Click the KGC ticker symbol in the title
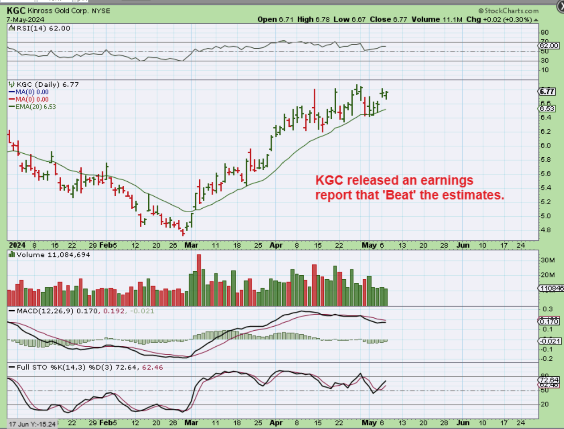click(16, 10)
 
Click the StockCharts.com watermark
click(508, 11)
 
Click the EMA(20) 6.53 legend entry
click(35, 107)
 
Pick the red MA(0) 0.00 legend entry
click(32, 99)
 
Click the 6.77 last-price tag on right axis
click(547, 92)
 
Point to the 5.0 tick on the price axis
click(545, 216)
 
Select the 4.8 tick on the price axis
click(545, 230)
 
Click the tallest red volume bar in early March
click(199, 280)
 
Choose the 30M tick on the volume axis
click(547, 260)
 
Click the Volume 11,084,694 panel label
click(53, 255)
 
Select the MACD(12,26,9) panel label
click(45, 311)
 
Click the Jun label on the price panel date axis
click(463, 245)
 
